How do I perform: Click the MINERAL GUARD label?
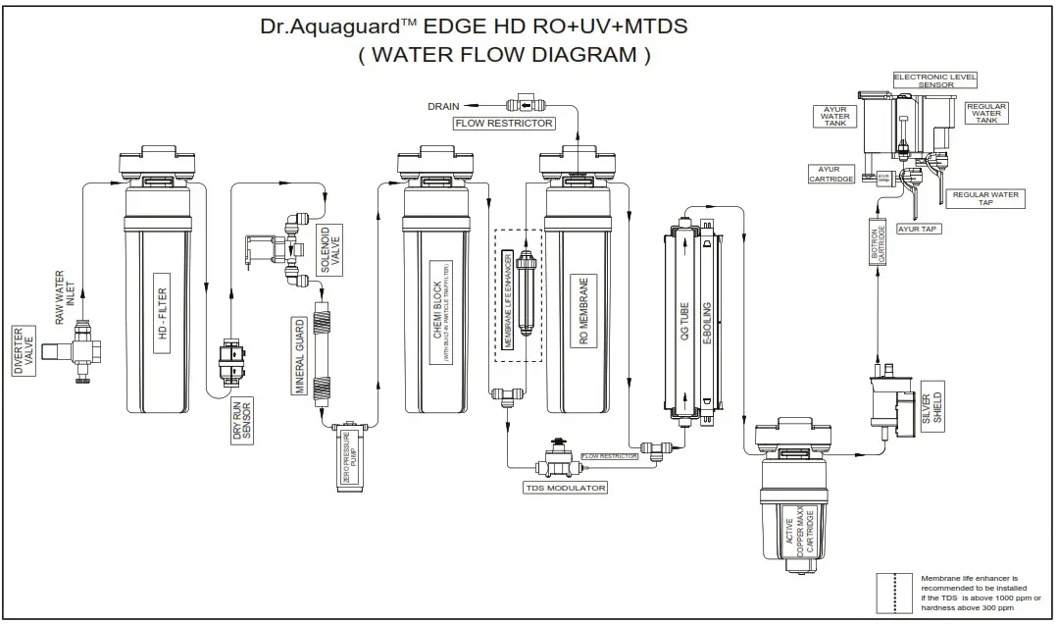(x=301, y=355)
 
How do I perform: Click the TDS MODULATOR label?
(x=564, y=488)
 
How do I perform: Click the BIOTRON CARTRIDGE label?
(x=881, y=244)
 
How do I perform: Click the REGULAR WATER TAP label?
(x=985, y=199)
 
